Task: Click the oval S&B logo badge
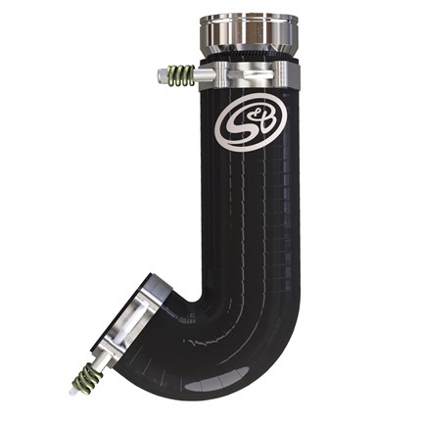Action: [251, 122]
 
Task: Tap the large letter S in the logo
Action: [241, 126]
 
